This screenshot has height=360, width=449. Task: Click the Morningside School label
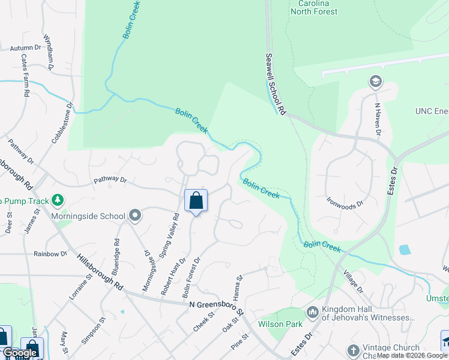tap(88, 216)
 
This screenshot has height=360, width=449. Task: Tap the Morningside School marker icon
tap(135, 215)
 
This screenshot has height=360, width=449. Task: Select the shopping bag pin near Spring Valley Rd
tap(196, 201)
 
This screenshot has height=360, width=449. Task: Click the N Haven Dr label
tap(378, 119)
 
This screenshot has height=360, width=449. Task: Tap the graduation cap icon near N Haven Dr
tap(375, 82)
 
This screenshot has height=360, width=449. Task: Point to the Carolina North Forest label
tap(313, 7)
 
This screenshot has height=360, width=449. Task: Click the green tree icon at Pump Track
tap(58, 199)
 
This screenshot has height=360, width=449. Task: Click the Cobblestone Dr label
tap(62, 122)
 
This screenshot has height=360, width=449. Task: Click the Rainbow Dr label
tap(50, 254)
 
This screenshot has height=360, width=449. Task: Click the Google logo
tap(20, 353)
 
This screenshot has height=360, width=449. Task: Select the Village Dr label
tap(354, 281)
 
